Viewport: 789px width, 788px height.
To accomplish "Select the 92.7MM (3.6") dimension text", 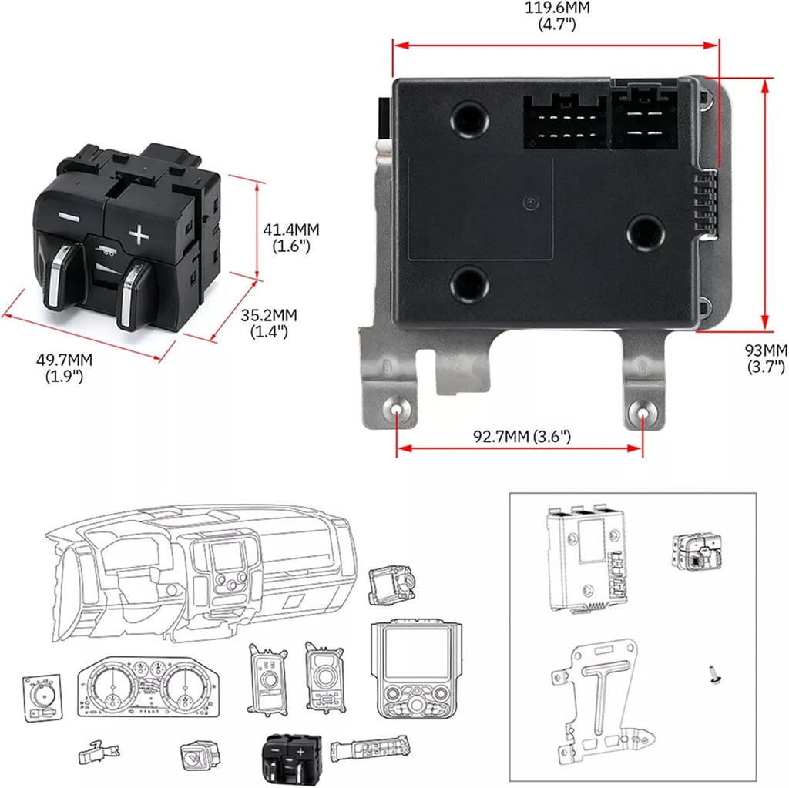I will [x=522, y=437].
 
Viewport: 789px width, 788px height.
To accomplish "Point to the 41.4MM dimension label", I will [x=290, y=238].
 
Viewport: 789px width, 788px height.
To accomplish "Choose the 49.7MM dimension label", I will [x=65, y=367].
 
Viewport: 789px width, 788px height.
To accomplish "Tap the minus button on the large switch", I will [x=69, y=216].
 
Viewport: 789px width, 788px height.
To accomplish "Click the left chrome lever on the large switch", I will [x=59, y=276].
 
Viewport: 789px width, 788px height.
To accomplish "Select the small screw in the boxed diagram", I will [x=713, y=676].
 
